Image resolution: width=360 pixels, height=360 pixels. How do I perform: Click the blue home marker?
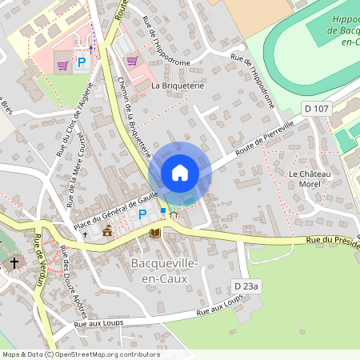click(180, 173)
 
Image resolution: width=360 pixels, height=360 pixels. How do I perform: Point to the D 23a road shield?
click(248, 286)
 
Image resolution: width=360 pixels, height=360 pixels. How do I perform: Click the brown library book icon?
click(156, 233)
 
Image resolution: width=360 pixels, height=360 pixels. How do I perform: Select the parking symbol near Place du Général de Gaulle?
click(142, 214)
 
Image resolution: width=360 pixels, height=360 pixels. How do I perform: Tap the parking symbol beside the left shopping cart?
click(81, 62)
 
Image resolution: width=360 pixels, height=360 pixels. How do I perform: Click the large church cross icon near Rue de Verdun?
click(14, 263)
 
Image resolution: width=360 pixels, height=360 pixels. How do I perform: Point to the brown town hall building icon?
click(107, 232)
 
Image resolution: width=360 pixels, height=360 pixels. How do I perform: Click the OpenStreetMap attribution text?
click(81, 354)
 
